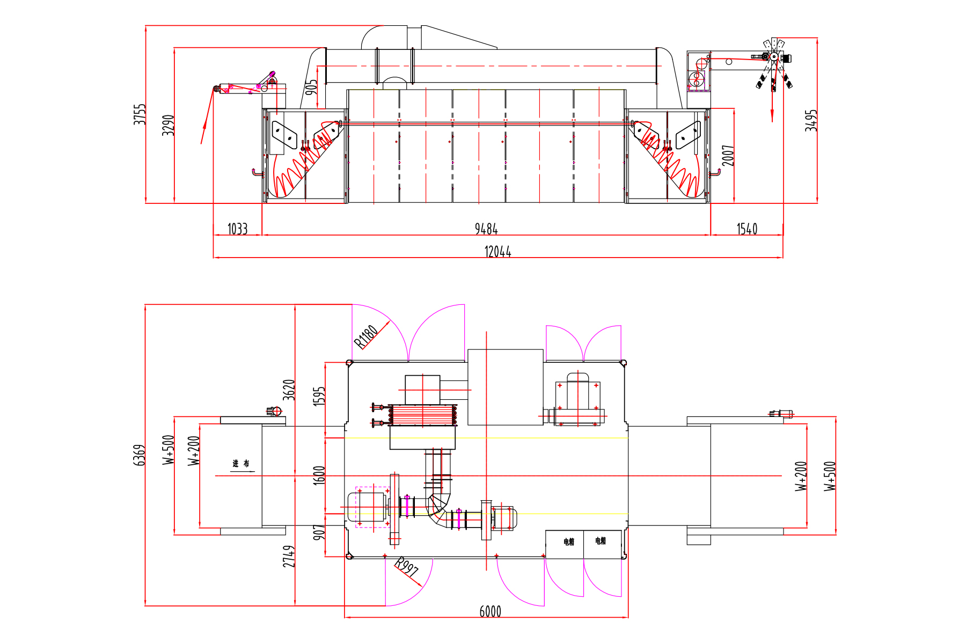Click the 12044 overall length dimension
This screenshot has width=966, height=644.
tap(497, 252)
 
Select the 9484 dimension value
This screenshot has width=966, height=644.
tap(486, 229)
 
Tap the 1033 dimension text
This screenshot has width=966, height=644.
tap(237, 229)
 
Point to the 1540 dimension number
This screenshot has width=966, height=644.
tap(747, 229)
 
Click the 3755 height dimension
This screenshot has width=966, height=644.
tap(140, 114)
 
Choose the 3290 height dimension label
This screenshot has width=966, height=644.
tap(169, 125)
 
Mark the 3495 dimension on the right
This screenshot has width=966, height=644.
tap(811, 121)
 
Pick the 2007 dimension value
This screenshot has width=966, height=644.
tap(728, 156)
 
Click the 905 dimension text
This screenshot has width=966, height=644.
tap(311, 87)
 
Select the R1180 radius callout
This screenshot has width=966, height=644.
tap(367, 336)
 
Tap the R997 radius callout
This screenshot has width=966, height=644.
tap(406, 567)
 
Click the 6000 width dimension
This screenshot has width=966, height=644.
tap(490, 611)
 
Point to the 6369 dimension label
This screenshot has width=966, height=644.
tap(139, 455)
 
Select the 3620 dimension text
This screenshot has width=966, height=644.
tap(289, 390)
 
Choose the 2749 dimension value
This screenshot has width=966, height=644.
tap(289, 557)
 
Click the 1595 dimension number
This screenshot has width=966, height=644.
tap(319, 396)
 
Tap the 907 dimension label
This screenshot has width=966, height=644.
tap(319, 532)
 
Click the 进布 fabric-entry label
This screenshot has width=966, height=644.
tap(241, 464)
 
